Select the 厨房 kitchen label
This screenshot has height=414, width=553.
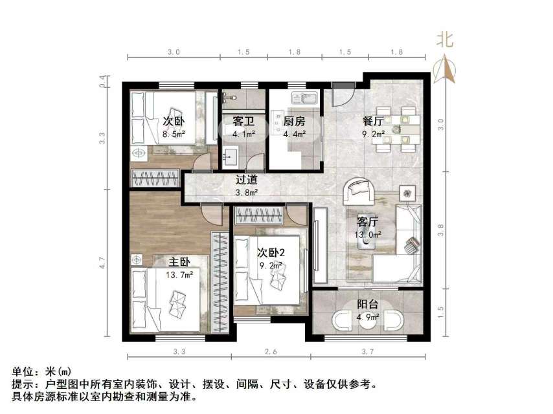(x=293, y=121)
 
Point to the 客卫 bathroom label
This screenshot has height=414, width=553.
(x=243, y=121)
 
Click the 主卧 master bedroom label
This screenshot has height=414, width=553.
(x=179, y=262)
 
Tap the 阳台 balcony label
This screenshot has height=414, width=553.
(x=368, y=305)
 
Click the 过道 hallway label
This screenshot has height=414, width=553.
(x=247, y=180)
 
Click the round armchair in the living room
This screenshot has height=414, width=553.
(x=357, y=191)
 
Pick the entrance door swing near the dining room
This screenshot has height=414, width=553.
(x=342, y=97)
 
